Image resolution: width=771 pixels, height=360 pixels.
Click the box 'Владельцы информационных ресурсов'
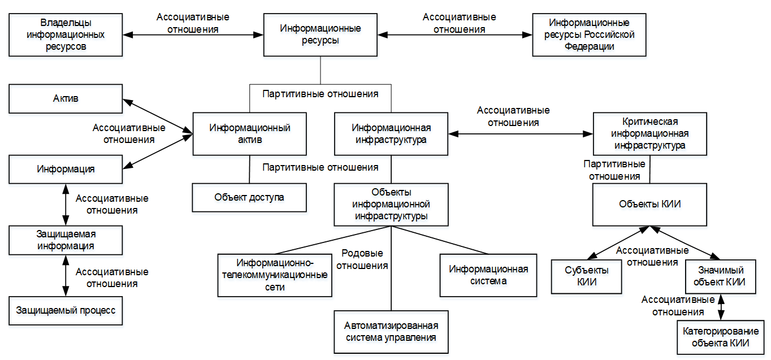(x=66, y=34)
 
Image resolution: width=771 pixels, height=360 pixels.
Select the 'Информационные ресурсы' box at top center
(x=320, y=34)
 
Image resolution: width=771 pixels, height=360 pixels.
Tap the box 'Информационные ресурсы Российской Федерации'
(x=589, y=34)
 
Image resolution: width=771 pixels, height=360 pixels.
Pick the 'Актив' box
(x=66, y=98)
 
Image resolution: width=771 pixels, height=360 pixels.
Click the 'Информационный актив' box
(x=249, y=134)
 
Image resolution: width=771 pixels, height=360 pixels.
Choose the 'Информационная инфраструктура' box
(x=391, y=134)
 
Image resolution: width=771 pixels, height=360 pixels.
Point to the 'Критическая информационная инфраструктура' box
(x=649, y=134)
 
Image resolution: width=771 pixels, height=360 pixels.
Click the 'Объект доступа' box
(x=249, y=197)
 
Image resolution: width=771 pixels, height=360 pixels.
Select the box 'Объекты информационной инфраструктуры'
(x=391, y=204)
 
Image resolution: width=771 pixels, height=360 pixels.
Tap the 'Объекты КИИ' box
(x=649, y=204)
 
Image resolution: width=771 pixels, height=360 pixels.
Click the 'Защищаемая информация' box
(x=66, y=240)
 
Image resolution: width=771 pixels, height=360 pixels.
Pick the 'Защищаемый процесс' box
(x=66, y=310)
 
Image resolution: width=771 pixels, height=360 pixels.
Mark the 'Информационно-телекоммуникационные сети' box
(x=275, y=275)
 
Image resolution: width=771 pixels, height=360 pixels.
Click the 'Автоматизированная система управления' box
(x=391, y=332)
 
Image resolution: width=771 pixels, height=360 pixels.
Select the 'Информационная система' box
(x=488, y=275)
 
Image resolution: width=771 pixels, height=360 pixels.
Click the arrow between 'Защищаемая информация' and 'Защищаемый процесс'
(x=66, y=275)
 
